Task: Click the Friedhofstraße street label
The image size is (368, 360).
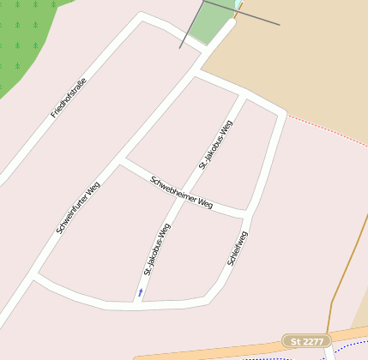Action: click(69, 97)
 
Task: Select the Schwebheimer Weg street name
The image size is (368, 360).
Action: click(181, 192)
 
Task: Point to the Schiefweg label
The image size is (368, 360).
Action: click(238, 249)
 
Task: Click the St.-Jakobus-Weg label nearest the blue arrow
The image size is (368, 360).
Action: click(157, 249)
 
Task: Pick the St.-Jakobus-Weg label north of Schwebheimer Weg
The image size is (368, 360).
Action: click(216, 144)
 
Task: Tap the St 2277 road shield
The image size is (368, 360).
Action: click(306, 341)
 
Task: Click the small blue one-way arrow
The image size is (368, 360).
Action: click(141, 292)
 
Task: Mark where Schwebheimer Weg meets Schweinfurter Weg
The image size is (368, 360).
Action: click(122, 160)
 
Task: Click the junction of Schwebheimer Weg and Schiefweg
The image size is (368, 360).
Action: click(249, 212)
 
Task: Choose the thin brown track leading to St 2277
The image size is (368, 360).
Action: click(343, 274)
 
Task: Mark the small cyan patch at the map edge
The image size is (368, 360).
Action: click(238, 4)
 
